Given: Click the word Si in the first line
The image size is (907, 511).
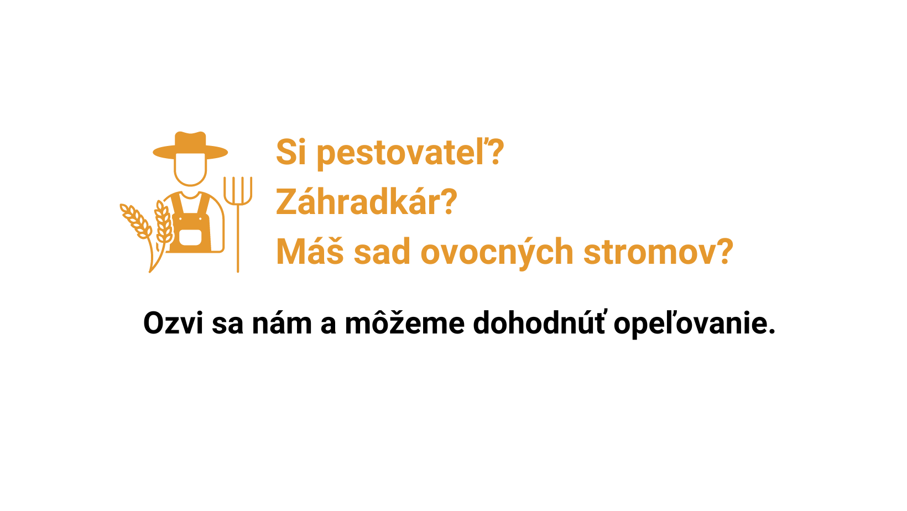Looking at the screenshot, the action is pos(291,152).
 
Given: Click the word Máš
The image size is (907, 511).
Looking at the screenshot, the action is pos(310,251).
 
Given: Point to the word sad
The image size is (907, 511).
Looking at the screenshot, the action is pos(382,251).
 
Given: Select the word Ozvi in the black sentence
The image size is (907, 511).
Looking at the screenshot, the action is pos(173,323).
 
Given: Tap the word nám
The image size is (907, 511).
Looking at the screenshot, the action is pos(282,323).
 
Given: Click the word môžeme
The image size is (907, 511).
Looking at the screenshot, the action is pos(404,323).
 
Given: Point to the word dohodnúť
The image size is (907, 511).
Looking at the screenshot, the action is pos(539,322).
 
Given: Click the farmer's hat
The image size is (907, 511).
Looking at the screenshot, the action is pos(190,146).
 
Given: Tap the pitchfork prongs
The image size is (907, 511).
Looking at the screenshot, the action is pos(238,190).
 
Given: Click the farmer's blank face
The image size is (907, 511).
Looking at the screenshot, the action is pos(190,169).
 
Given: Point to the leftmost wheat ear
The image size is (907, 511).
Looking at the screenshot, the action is pos(136,221).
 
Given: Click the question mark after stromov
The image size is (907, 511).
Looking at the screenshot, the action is pos(722,251).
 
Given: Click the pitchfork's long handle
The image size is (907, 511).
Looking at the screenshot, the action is pos(238,238).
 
